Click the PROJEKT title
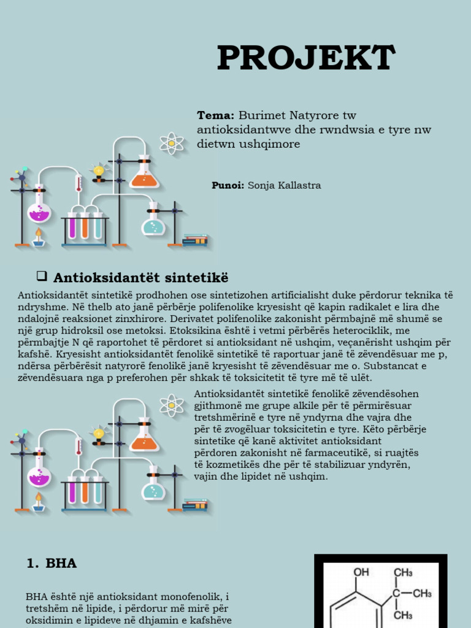click(x=307, y=58)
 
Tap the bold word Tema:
click(x=215, y=115)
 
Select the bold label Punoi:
click(x=228, y=185)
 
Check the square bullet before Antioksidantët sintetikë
click(x=42, y=275)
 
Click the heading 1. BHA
click(x=52, y=563)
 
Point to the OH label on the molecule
click(x=361, y=572)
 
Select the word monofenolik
click(x=188, y=597)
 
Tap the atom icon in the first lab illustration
click(x=172, y=144)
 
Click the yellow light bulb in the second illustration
click(x=99, y=434)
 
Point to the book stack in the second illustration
click(x=195, y=505)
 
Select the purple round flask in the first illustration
click(x=39, y=209)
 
